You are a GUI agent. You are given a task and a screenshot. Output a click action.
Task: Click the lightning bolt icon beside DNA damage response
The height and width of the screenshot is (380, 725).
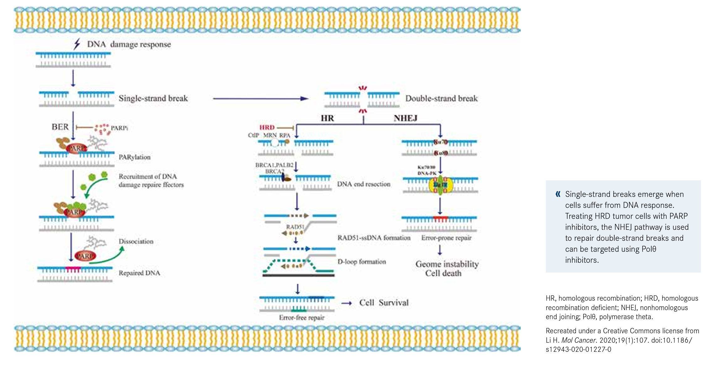pos(77,44)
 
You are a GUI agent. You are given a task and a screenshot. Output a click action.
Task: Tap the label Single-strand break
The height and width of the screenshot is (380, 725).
pos(153,98)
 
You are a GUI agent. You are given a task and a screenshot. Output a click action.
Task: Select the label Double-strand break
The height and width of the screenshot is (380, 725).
pos(441,98)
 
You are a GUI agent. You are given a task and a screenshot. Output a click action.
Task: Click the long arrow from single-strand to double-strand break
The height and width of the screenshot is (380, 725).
pos(260,98)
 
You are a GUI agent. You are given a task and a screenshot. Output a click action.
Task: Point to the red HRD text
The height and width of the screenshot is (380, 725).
pos(267,128)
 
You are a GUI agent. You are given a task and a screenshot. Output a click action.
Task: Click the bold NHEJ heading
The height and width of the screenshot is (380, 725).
pos(405,118)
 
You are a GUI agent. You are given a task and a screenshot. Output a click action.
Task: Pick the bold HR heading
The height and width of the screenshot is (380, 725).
pos(327,118)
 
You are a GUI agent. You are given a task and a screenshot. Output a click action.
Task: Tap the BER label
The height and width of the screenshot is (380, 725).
pos(60,127)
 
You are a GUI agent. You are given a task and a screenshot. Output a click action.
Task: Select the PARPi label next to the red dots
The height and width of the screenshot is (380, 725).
pos(119,128)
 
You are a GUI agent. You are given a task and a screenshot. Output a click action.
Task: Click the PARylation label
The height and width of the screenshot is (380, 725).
pos(135,157)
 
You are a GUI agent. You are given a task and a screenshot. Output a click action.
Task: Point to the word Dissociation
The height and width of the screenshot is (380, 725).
pos(136,241)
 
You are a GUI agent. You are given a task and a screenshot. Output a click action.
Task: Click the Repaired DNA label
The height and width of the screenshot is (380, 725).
pos(139,273)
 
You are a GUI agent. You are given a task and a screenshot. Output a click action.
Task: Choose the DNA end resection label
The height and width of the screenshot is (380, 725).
pos(364,184)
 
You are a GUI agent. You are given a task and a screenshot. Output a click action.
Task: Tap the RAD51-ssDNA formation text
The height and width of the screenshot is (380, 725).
pos(374,238)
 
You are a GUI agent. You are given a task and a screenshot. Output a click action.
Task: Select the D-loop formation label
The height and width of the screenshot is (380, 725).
pos(362,261)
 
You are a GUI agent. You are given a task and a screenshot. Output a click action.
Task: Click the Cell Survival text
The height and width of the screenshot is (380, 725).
pos(384,303)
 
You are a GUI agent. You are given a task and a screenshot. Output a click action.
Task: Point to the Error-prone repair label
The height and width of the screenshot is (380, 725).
pos(446,238)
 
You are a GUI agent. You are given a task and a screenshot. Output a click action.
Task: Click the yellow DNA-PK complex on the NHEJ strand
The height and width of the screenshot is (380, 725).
pos(441,185)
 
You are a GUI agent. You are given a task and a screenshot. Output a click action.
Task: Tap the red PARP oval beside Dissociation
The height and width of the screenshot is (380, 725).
pos(85,256)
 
